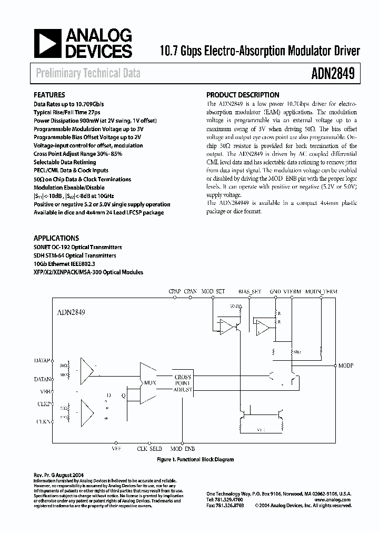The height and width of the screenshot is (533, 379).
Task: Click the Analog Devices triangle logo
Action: [x=46, y=43]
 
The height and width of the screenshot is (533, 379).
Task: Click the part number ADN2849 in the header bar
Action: [x=334, y=73]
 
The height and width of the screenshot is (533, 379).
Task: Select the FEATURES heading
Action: [x=49, y=95]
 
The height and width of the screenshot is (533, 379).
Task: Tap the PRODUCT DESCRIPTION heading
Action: [x=243, y=95]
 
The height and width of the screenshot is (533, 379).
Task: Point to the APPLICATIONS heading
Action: [x=56, y=238]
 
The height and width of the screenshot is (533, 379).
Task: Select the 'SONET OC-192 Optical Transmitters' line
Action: [x=78, y=247]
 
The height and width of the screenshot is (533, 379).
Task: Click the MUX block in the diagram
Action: [x=150, y=383]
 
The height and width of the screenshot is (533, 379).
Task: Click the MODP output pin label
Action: [x=346, y=365]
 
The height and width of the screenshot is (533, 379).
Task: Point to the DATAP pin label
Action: [x=42, y=361]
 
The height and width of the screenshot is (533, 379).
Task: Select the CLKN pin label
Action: [x=43, y=421]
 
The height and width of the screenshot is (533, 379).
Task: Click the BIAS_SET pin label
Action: [x=249, y=291]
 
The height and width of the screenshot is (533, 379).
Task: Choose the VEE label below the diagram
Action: [x=117, y=449]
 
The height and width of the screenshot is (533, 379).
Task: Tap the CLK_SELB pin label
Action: [x=149, y=449]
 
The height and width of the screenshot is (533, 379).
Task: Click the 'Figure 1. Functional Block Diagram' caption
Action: [x=195, y=459]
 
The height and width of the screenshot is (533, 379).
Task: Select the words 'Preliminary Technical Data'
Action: [x=88, y=73]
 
